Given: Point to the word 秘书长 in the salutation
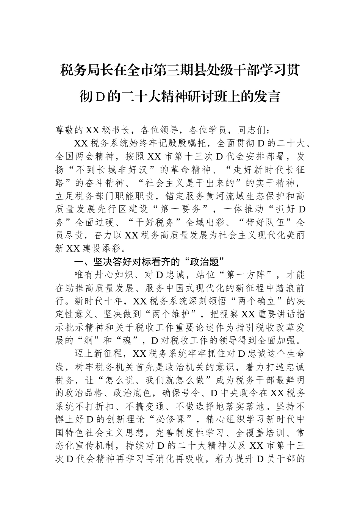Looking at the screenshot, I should pyautogui.click(x=116, y=130).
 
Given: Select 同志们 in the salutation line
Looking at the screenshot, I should pyautogui.click(x=252, y=130).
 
